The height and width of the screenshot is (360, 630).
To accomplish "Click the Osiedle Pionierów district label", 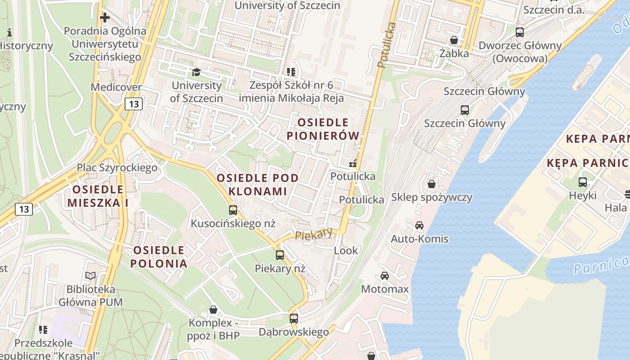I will coord(323,129).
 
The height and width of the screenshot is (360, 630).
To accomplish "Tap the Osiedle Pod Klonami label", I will coord(257,184).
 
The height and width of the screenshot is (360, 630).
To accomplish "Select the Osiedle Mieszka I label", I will coord(98,196).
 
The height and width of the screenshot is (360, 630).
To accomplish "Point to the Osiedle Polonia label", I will coord(159,257).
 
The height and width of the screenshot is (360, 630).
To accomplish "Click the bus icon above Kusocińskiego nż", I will coord(233,210).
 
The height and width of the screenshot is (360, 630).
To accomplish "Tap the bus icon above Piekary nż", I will coord(280,255).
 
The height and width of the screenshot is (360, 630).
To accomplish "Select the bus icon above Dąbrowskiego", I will coord(294,318).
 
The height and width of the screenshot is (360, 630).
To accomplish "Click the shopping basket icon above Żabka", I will coord(454,40).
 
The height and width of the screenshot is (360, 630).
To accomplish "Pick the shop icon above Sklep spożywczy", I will coord(432,184).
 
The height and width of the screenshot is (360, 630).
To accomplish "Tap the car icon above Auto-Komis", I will coord(419,225).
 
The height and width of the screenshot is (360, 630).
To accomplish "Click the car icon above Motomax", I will coord(385,275).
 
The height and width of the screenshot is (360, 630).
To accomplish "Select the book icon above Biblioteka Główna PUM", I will coord(90,275).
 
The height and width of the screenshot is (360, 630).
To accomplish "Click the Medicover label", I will coord(116,87).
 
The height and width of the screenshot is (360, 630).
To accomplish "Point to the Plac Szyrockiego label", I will coord(117,168).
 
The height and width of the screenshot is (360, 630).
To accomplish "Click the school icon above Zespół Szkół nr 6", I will coord(292,72).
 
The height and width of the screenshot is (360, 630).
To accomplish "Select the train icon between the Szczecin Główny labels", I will coord(465,110).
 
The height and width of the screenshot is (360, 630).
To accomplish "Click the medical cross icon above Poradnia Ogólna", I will coord(105,18).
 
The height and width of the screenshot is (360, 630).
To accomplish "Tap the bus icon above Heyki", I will coord(583,182).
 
